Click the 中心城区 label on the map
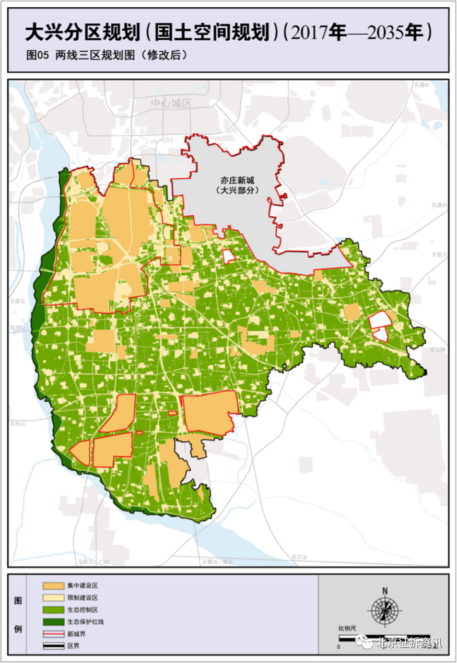[171, 103]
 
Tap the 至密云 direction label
[439, 254]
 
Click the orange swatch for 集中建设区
[53, 586]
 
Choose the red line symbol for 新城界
[53, 634]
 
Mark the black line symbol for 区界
[53, 646]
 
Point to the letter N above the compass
[385, 591]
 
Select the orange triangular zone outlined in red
[81, 452]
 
